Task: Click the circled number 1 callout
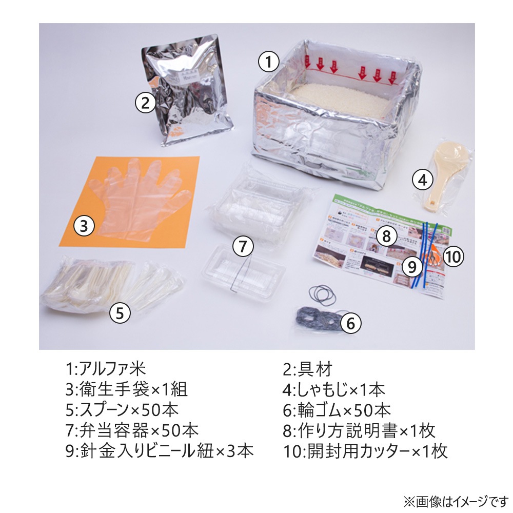click(x=268, y=63)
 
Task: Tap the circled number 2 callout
click(x=146, y=103)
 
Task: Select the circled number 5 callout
click(x=120, y=312)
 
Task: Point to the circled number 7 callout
click(x=243, y=246)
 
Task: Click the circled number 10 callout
click(x=453, y=256)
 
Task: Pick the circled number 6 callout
click(x=351, y=323)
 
